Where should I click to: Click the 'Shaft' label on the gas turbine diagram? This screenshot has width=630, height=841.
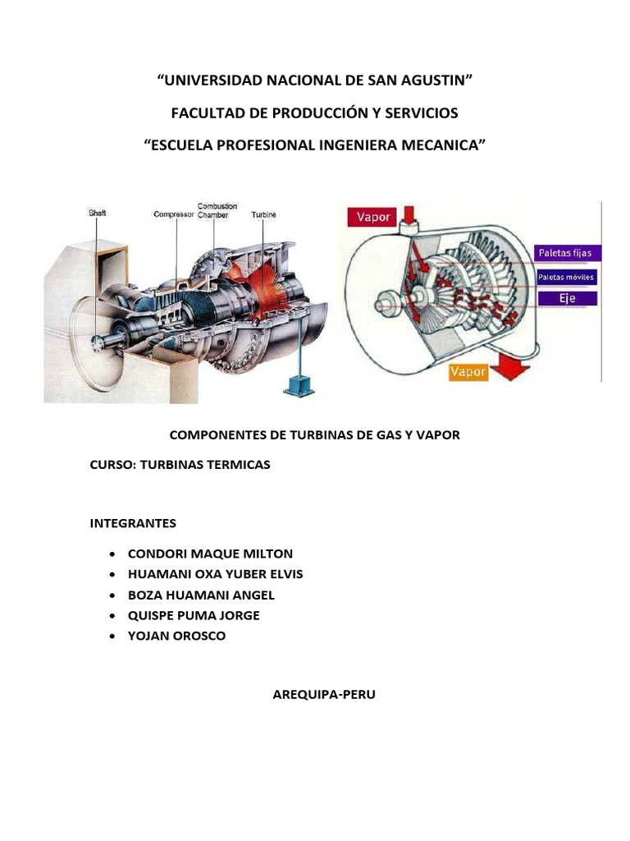[x=97, y=213]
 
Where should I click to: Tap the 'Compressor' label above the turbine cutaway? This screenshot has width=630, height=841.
[x=173, y=214]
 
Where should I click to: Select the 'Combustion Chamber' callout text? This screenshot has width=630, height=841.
[x=217, y=209]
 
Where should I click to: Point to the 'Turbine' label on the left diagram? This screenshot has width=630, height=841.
[x=264, y=214]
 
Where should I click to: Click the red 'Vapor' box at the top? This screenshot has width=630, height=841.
[x=373, y=217]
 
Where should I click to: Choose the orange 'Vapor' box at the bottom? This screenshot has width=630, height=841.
[x=467, y=372]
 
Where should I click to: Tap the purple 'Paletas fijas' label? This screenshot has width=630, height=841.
[x=564, y=252]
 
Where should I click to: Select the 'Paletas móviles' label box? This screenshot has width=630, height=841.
[x=566, y=278]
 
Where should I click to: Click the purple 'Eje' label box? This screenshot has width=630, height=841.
[x=567, y=299]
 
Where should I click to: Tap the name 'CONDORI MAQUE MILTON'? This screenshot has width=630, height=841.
[x=210, y=554]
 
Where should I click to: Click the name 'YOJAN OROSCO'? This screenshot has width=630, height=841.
[x=176, y=636]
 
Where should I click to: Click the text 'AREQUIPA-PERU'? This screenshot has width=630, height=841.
[x=323, y=694]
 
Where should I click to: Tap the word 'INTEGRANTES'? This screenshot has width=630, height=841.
[x=133, y=522]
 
